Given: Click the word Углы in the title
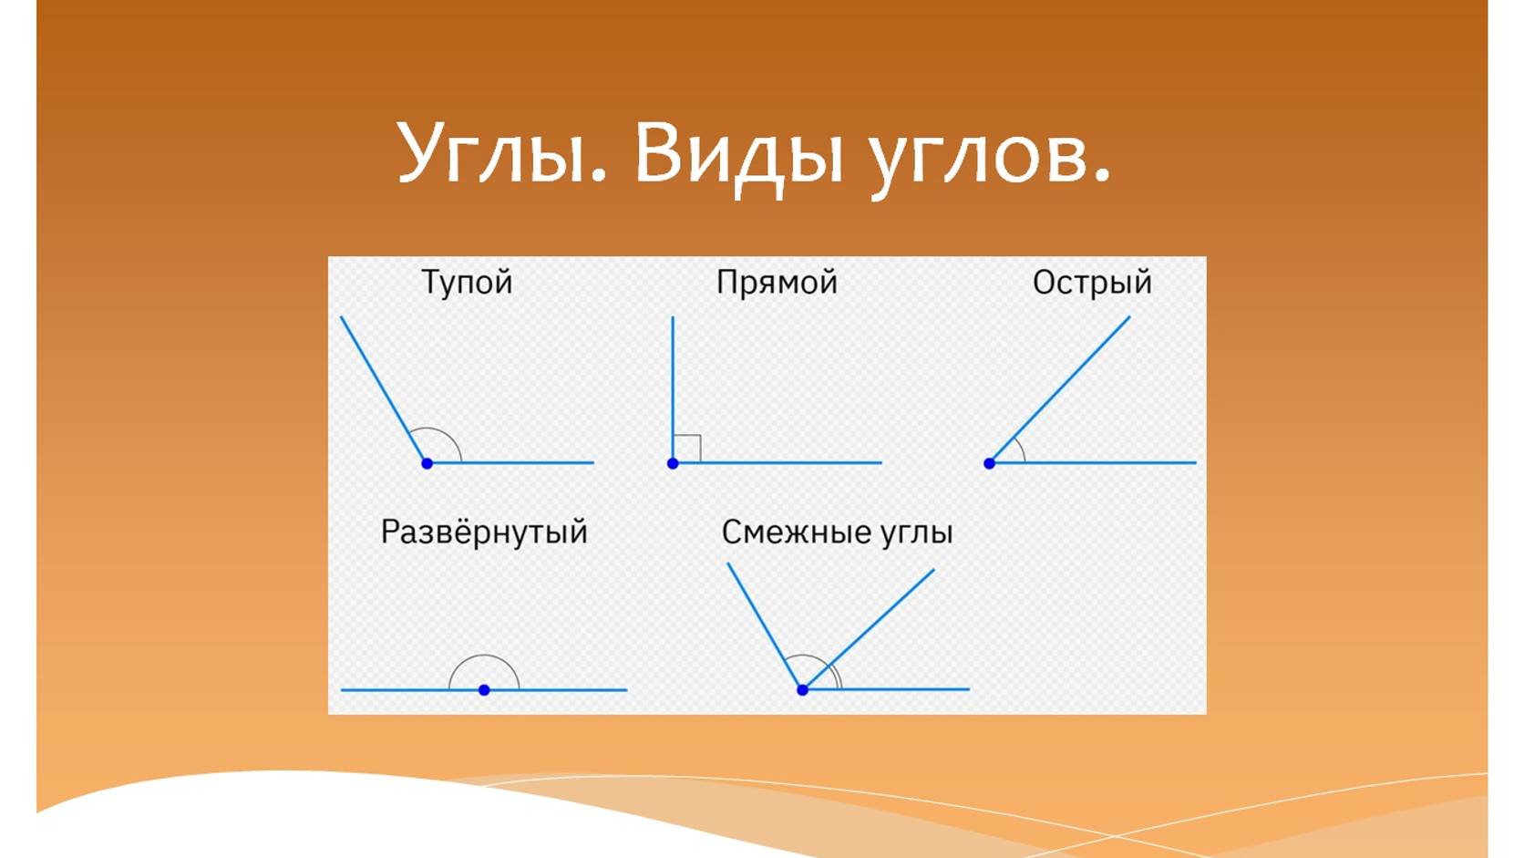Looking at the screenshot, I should pyautogui.click(x=500, y=153).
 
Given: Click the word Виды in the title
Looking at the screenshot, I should pyautogui.click(x=738, y=153).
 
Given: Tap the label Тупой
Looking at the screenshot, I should pyautogui.click(x=467, y=283).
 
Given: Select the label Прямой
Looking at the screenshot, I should pyautogui.click(x=777, y=283).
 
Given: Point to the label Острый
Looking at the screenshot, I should pyautogui.click(x=1092, y=283).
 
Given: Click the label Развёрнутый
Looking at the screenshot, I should pyautogui.click(x=484, y=532).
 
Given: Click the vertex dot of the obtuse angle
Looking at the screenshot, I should pyautogui.click(x=427, y=463).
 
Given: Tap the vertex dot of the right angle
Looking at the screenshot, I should pyautogui.click(x=673, y=463).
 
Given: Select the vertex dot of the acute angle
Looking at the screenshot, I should pyautogui.click(x=989, y=463).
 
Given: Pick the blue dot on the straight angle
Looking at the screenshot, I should pyautogui.click(x=484, y=690).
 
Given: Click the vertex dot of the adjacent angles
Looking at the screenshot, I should pyautogui.click(x=802, y=690).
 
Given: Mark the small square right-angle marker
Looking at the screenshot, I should pyautogui.click(x=687, y=449).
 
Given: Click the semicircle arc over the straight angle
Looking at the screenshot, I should pyautogui.click(x=484, y=656).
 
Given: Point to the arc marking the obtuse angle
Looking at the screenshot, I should pyautogui.click(x=446, y=432).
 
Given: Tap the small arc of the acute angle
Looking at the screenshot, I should pyautogui.click(x=1020, y=448).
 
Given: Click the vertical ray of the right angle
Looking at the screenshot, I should pyautogui.click(x=673, y=383).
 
